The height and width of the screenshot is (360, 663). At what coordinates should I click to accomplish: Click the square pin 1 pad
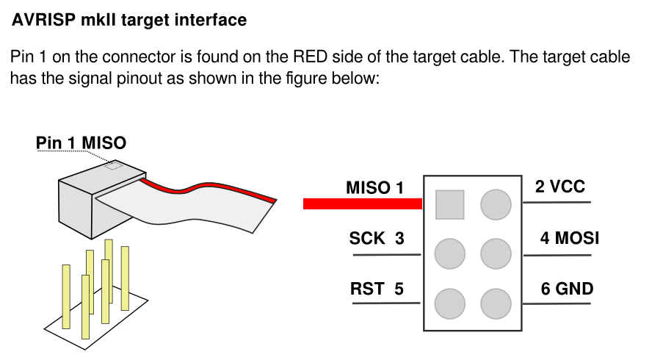[449, 205]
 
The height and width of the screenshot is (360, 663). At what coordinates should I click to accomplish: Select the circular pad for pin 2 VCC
[496, 205]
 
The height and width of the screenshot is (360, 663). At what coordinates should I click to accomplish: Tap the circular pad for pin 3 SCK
[449, 253]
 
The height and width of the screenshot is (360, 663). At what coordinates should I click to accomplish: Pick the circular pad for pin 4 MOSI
[496, 253]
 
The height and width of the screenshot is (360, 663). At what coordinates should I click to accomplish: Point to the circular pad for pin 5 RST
[449, 303]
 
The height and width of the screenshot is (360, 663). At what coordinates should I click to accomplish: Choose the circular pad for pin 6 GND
[496, 303]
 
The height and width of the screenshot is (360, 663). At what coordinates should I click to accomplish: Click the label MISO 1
[374, 188]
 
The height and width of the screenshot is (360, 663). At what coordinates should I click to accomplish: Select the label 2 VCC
[559, 187]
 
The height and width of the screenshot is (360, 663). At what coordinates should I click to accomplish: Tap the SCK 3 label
[377, 238]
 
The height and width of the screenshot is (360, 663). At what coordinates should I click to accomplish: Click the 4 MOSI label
[569, 238]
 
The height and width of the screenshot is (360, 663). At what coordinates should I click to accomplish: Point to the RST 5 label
[377, 289]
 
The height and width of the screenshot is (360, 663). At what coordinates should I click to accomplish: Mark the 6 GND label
[567, 289]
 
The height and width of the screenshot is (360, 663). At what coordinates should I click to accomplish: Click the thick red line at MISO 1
[363, 204]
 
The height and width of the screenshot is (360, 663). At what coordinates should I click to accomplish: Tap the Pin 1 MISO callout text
[81, 143]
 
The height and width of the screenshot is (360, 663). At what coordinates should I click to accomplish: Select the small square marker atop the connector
[113, 165]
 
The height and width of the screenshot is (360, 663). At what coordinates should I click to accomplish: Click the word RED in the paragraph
[311, 57]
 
